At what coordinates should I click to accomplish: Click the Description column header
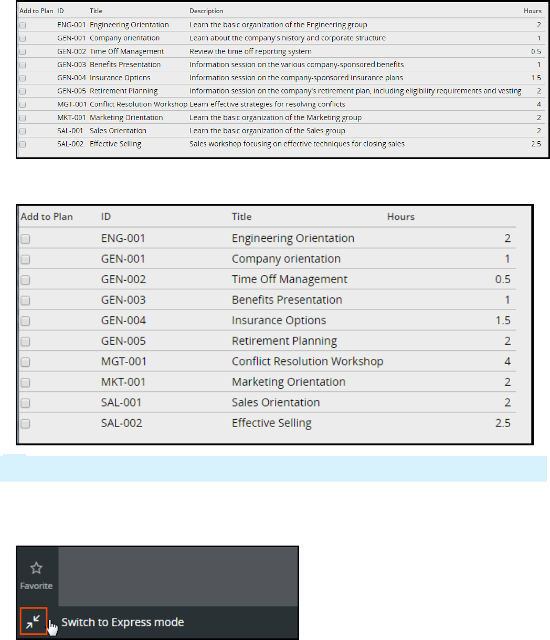click(x=206, y=11)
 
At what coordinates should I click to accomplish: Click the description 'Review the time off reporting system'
click(x=250, y=51)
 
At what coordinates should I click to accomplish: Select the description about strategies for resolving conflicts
click(x=267, y=104)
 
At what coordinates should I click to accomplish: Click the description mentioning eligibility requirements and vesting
click(x=355, y=91)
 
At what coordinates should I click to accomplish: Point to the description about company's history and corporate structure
click(x=287, y=38)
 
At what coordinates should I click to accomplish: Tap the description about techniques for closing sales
click(x=297, y=144)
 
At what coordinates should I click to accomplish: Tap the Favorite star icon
click(x=36, y=568)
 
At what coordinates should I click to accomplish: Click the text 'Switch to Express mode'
click(x=122, y=623)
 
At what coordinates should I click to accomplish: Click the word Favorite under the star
click(x=36, y=586)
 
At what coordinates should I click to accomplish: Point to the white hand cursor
click(x=52, y=628)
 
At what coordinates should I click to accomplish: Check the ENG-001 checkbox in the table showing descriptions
click(x=23, y=25)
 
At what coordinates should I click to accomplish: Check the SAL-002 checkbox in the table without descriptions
click(x=25, y=423)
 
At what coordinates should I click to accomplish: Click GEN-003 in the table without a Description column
click(x=123, y=300)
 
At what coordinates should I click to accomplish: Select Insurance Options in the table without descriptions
click(x=279, y=321)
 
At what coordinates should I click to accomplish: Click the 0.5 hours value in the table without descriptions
click(x=502, y=280)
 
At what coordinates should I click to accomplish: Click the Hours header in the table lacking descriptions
click(x=400, y=217)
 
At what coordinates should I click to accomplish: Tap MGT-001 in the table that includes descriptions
click(x=71, y=104)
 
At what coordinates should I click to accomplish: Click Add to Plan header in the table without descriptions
click(x=46, y=217)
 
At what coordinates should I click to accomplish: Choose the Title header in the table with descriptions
click(x=96, y=11)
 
